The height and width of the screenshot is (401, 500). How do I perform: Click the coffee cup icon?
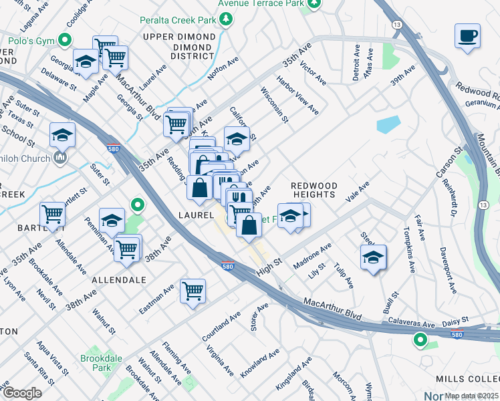(467, 35)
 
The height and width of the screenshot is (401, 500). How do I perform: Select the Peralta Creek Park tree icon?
(227, 19)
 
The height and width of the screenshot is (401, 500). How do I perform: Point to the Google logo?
(21, 393)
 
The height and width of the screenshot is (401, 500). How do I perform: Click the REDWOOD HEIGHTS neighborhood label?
(314, 189)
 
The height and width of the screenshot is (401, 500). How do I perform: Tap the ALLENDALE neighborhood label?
(118, 279)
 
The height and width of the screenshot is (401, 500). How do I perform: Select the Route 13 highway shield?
(397, 24)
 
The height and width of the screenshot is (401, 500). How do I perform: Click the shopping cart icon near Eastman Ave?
(193, 290)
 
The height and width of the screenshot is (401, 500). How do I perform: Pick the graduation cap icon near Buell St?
(373, 257)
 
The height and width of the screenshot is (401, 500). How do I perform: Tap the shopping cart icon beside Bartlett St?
(51, 214)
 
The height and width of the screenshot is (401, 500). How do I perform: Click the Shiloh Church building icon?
(59, 158)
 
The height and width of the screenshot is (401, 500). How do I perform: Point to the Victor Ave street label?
(313, 74)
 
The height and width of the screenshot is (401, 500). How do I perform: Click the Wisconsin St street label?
(274, 105)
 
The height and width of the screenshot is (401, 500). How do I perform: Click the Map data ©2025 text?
(471, 396)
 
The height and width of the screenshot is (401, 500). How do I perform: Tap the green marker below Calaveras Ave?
(420, 340)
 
